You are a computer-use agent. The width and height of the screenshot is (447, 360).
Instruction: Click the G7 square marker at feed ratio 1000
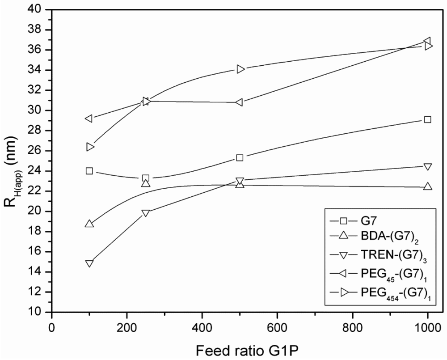427,119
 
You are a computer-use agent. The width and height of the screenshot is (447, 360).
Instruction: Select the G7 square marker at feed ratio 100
89,171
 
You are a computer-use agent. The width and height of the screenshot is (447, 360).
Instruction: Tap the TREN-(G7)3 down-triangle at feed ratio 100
89,263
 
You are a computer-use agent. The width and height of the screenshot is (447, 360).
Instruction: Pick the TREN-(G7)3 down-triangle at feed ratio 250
145,213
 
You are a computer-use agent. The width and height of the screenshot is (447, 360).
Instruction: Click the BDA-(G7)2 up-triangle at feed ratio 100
89,224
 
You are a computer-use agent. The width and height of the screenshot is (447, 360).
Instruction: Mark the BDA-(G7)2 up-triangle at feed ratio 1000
427,186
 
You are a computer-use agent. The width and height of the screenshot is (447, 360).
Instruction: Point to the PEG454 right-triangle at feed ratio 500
240,69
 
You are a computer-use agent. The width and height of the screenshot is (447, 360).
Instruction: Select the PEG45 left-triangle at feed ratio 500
239,102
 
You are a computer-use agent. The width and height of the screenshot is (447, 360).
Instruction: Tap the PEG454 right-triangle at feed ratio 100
90,147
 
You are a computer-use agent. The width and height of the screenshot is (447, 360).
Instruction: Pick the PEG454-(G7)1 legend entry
384,293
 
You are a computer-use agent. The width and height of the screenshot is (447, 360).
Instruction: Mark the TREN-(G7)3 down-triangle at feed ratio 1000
427,167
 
